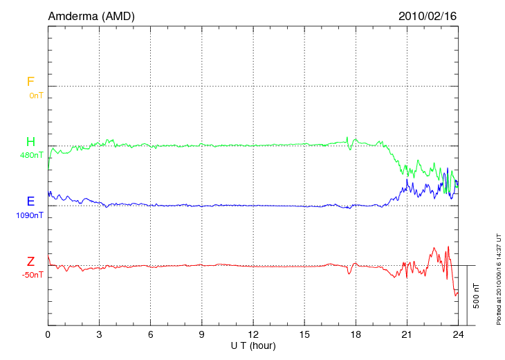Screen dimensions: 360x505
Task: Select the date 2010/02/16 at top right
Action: (428, 15)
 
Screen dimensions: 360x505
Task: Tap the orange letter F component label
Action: (30, 82)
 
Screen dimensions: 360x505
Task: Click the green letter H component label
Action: (30, 142)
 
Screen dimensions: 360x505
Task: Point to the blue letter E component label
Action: (30, 201)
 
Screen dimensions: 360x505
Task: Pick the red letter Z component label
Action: (30, 261)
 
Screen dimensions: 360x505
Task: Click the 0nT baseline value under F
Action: (36, 96)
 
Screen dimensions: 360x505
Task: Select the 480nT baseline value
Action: (33, 155)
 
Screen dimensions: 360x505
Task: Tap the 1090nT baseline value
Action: (30, 215)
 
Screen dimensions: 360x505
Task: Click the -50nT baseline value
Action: (33, 275)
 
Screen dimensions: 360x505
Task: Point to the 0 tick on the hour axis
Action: (48, 334)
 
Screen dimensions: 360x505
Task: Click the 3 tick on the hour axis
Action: (99, 334)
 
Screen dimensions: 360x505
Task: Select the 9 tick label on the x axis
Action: (201, 334)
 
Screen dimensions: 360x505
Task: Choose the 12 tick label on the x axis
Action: (252, 334)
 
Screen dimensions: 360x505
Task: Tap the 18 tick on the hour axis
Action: (356, 334)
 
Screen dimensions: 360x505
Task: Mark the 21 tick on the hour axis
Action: (407, 334)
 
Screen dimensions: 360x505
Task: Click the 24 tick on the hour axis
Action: (458, 334)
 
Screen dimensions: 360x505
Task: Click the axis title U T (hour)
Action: (252, 345)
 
